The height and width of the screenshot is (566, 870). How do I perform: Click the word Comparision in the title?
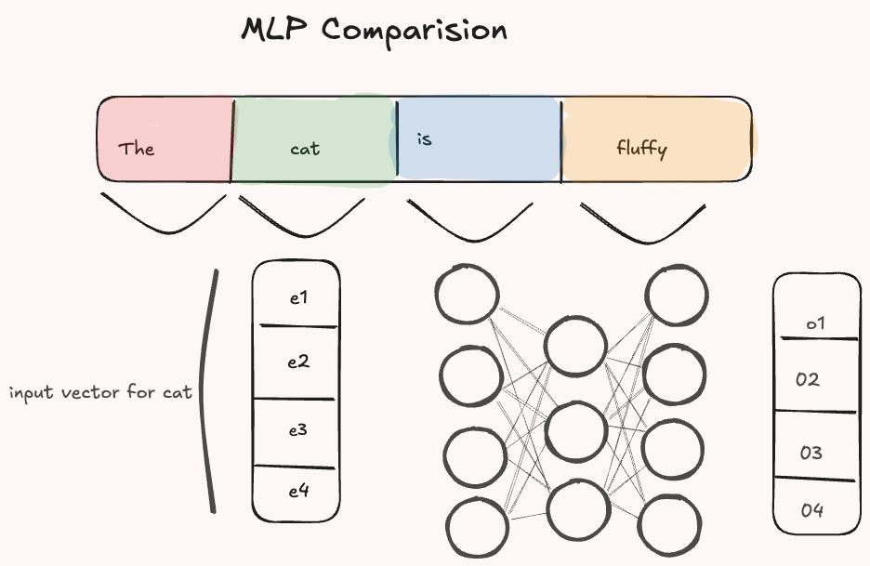click(x=415, y=31)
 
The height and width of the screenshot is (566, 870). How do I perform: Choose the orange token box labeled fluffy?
click(x=656, y=140)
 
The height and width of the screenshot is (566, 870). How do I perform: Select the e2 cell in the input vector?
click(x=297, y=362)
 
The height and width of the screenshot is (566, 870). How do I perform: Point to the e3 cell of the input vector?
click(x=297, y=431)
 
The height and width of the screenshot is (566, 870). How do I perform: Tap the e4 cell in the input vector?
click(x=297, y=492)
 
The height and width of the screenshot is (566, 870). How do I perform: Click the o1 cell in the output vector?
click(x=816, y=311)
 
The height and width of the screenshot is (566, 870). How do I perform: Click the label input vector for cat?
click(x=100, y=392)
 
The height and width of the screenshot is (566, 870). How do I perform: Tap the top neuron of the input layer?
click(x=468, y=295)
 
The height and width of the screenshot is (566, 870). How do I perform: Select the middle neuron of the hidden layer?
click(x=576, y=430)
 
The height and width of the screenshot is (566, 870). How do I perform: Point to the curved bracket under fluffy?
click(x=642, y=226)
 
